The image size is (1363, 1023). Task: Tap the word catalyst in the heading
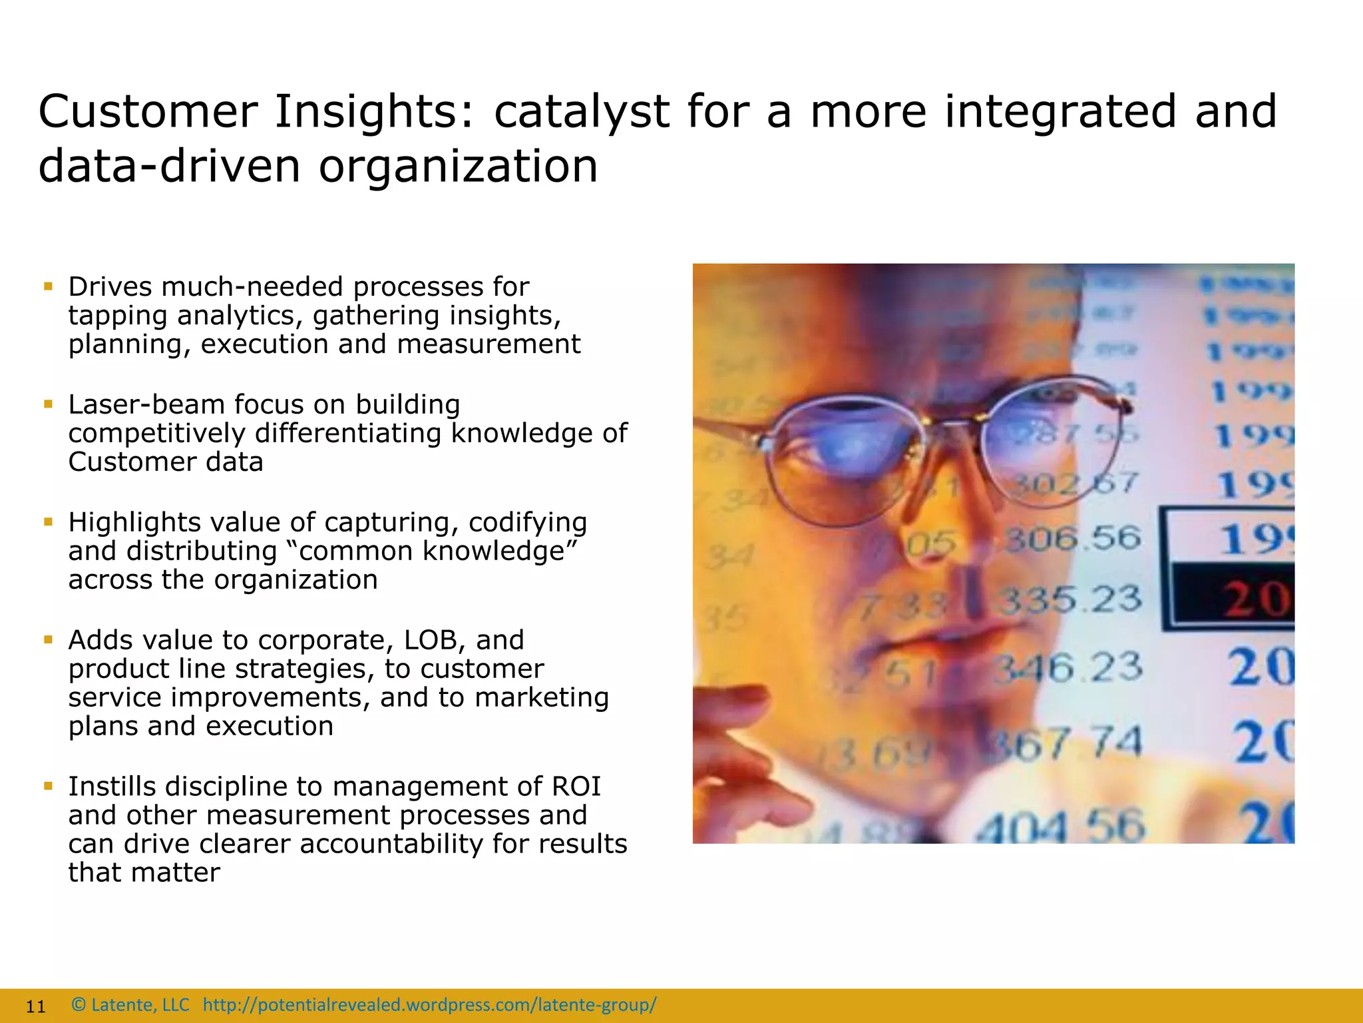click(580, 112)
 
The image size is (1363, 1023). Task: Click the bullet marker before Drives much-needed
click(48, 287)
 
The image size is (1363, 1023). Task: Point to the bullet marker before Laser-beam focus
click(48, 404)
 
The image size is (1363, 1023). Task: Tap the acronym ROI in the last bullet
click(576, 787)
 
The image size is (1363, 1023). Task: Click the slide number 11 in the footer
click(35, 1006)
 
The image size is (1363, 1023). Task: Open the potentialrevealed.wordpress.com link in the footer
click(429, 1005)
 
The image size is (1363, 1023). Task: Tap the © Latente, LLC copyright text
click(130, 1005)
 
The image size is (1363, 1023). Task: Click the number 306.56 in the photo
click(1072, 538)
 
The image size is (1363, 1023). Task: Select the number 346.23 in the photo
click(1068, 667)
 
